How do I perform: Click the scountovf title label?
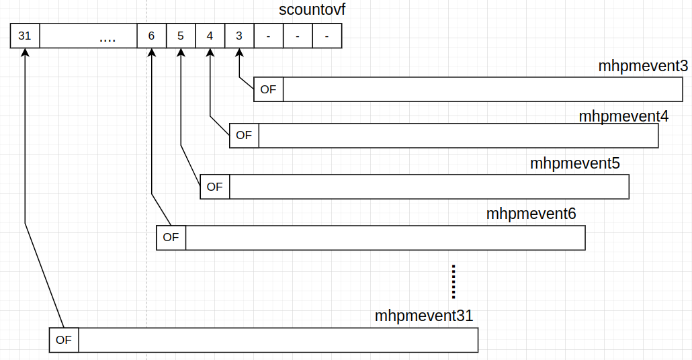[x=312, y=11]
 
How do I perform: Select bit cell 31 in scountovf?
[x=25, y=36]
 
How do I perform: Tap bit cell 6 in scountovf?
[x=151, y=36]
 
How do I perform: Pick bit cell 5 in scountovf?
[x=181, y=36]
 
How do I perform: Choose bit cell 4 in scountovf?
[x=210, y=36]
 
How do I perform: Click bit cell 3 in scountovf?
[x=239, y=36]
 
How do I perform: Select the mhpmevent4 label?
[x=623, y=116]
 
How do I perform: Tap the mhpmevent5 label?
[x=574, y=163]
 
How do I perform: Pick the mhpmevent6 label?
[x=531, y=214]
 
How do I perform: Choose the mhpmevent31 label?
[x=424, y=316]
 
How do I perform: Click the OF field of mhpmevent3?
[x=268, y=89]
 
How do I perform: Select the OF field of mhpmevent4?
[x=244, y=136]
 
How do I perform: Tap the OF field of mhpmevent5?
[x=215, y=187]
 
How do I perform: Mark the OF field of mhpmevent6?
[x=171, y=238]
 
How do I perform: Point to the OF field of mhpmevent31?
[x=64, y=340]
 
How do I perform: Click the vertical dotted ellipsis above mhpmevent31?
[x=454, y=281]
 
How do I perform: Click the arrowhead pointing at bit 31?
[x=25, y=53]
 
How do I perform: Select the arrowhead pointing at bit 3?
[x=239, y=53]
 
